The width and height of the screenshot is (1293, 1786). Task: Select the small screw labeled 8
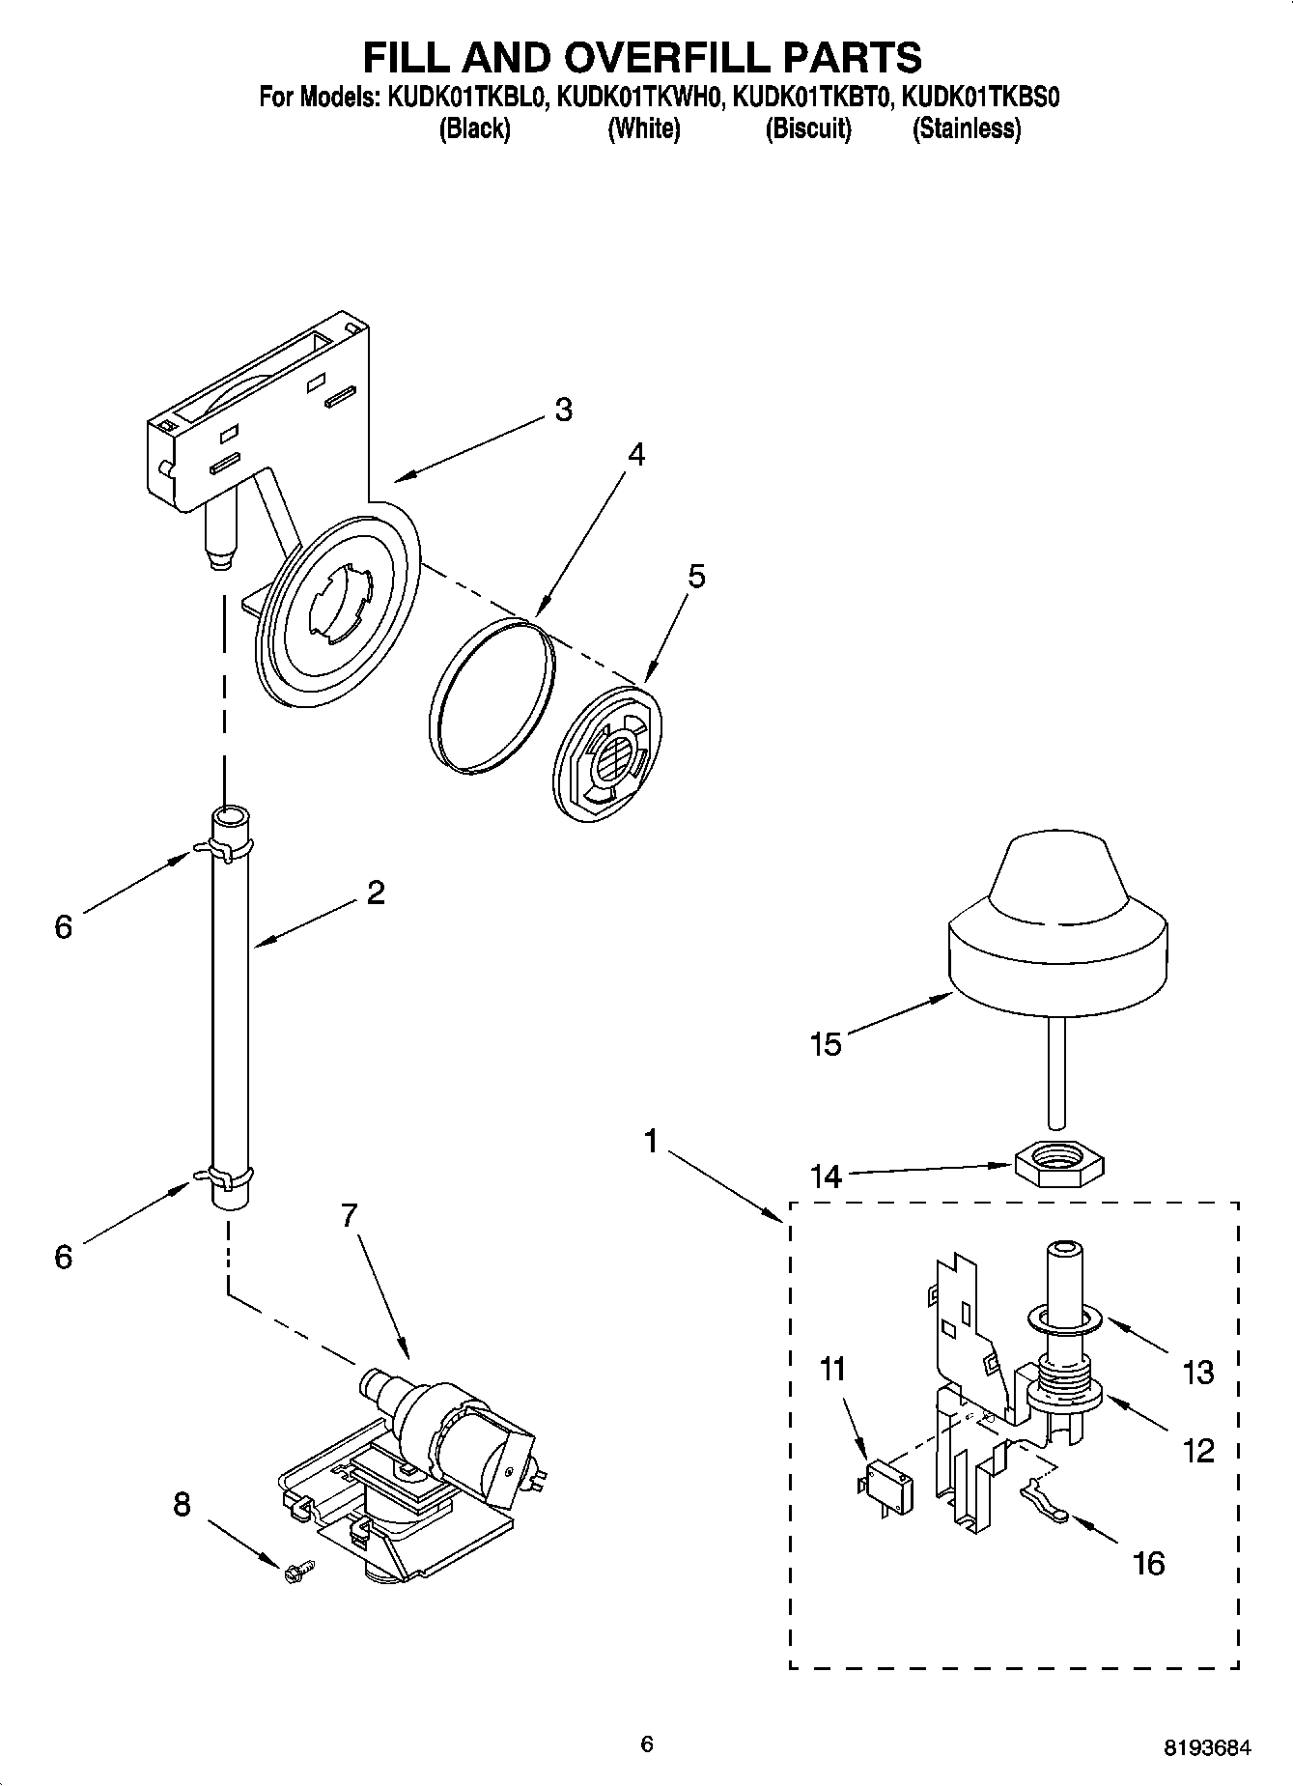tap(294, 1572)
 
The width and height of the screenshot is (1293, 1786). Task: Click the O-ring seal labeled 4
tap(492, 696)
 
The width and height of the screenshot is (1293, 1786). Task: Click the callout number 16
tap(1148, 1562)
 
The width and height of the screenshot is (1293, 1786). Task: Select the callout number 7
tap(350, 1215)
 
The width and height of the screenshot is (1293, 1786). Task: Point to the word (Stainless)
tap(966, 128)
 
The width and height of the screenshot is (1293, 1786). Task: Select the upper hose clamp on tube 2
tap(225, 848)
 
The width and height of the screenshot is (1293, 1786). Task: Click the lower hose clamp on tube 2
tap(225, 1176)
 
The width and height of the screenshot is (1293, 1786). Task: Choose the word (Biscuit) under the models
tap(808, 128)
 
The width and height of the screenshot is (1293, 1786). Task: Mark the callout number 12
tap(1197, 1450)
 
